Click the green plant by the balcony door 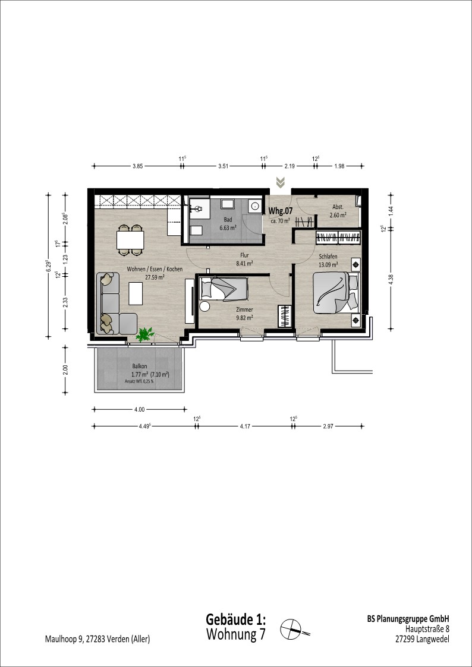145,334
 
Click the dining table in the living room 130,240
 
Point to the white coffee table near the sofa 136,293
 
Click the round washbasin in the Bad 256,206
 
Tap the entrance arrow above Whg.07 280,182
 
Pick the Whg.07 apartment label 281,211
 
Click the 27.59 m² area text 155,277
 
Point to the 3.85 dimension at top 137,166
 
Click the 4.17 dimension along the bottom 245,426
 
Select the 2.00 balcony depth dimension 65,370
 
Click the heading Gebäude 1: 236,618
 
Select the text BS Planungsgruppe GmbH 408,619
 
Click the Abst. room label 338,208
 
